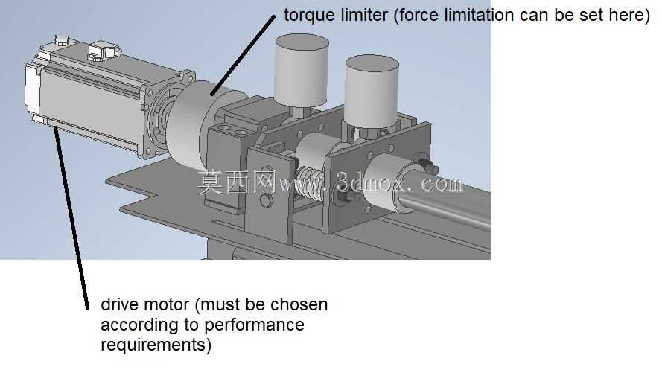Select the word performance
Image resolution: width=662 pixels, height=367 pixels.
tap(254, 325)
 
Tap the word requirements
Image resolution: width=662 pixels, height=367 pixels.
tap(153, 345)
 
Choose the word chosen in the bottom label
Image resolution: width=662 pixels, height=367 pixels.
tap(299, 304)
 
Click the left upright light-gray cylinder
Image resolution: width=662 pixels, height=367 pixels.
tap(302, 71)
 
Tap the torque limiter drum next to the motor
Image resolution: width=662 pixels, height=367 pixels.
tap(190, 121)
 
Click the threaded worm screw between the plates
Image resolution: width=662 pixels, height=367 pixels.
tap(311, 183)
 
